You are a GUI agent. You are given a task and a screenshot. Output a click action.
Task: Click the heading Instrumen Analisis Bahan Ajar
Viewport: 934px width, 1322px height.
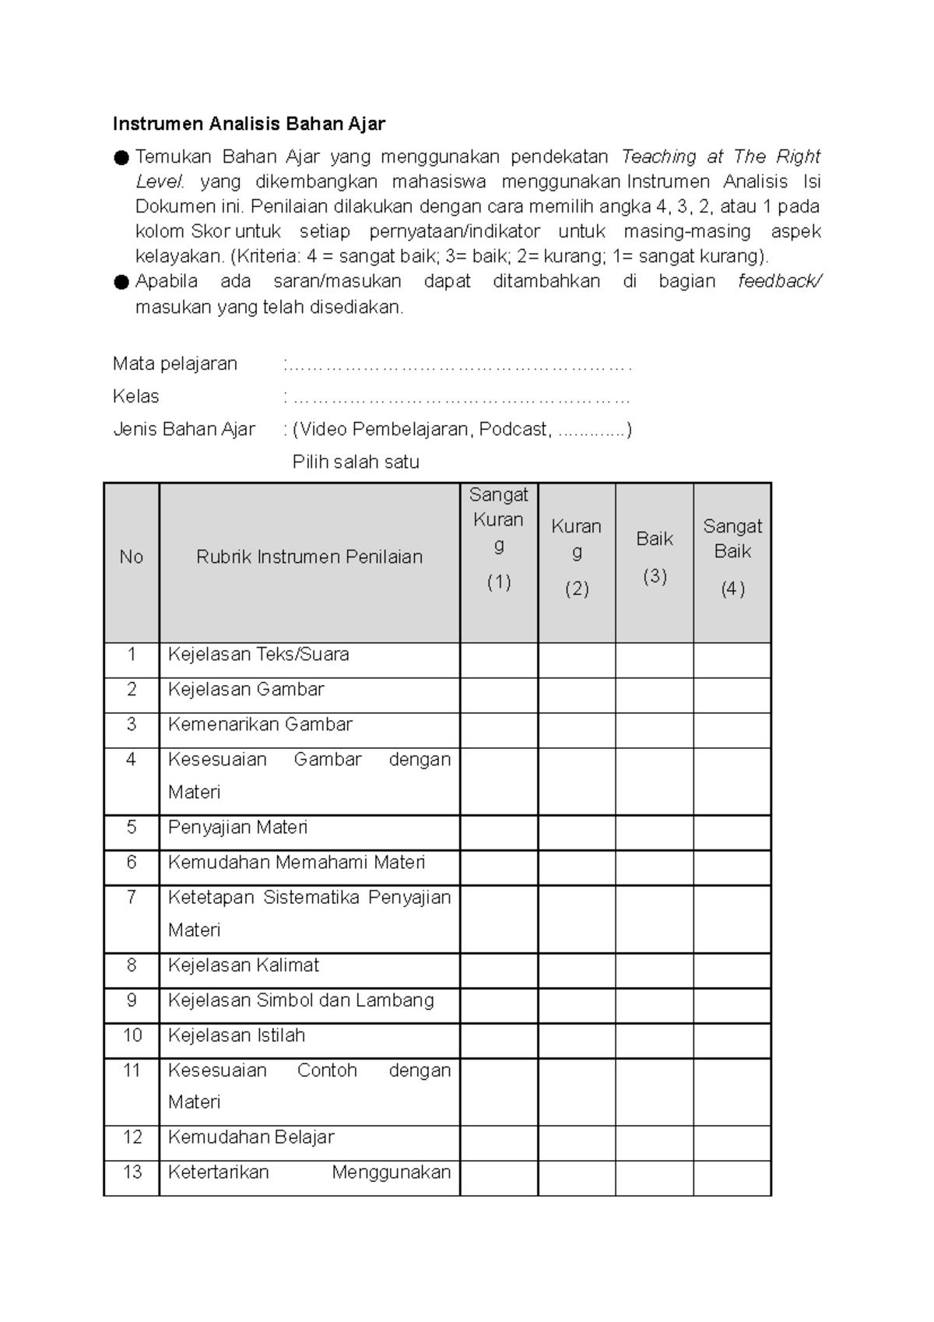pyautogui.click(x=249, y=124)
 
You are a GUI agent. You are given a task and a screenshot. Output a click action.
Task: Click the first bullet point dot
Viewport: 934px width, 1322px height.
pyautogui.click(x=121, y=158)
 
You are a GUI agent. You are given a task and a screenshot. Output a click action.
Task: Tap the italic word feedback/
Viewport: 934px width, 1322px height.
pyautogui.click(x=779, y=281)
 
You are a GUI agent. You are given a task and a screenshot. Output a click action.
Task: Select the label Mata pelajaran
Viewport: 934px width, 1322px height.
pyautogui.click(x=175, y=364)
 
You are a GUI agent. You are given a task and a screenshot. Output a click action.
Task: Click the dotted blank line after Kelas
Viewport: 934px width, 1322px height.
pyautogui.click(x=459, y=398)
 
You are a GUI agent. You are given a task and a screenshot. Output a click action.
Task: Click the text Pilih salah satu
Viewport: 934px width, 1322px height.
pyautogui.click(x=356, y=462)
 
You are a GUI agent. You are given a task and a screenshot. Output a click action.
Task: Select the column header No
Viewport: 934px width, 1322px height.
pyautogui.click(x=131, y=557)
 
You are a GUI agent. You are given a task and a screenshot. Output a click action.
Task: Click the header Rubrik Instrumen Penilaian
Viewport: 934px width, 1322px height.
pyautogui.click(x=309, y=557)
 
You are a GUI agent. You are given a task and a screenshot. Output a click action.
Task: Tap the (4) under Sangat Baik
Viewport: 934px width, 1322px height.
pyautogui.click(x=732, y=589)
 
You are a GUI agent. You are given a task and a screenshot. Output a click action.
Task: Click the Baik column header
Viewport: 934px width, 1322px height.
pyautogui.click(x=655, y=539)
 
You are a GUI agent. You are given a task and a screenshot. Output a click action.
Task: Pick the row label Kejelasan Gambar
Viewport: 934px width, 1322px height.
pyautogui.click(x=246, y=689)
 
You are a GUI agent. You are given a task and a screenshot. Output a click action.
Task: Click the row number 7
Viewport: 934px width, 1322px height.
pyautogui.click(x=131, y=897)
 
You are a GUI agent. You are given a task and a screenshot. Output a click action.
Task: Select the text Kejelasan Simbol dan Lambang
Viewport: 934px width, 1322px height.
pyautogui.click(x=300, y=1000)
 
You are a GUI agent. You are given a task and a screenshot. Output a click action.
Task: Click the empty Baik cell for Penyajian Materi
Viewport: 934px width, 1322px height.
pyautogui.click(x=655, y=832)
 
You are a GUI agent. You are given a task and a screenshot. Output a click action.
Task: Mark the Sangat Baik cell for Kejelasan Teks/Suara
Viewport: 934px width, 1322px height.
pyautogui.click(x=732, y=659)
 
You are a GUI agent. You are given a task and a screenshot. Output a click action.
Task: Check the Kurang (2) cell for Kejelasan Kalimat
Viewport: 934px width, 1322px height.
pyautogui.click(x=577, y=971)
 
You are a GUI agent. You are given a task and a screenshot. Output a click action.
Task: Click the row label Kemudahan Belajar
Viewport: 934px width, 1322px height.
pyautogui.click(x=251, y=1137)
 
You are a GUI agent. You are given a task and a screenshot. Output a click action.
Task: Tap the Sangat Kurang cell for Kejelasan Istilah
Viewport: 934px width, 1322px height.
pyautogui.click(x=499, y=1041)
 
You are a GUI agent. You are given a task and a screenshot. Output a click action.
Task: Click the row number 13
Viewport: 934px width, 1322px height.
pyautogui.click(x=132, y=1172)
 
